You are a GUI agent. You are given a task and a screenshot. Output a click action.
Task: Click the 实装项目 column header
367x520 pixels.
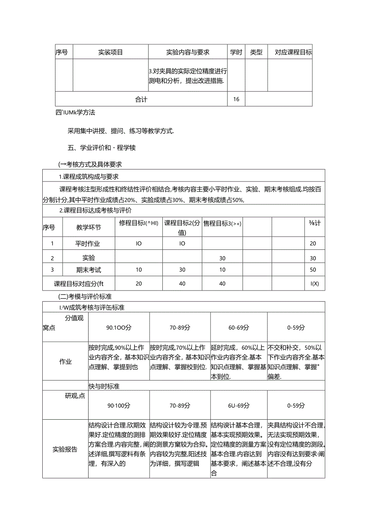coord(110,52)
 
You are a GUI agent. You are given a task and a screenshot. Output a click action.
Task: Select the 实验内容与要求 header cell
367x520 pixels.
coord(187,52)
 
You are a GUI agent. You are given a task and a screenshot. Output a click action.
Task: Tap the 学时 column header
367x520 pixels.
coord(236,52)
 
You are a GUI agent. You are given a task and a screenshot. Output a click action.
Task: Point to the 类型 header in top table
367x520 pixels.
coord(256,52)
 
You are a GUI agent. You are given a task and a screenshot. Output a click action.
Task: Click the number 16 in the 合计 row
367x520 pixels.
coord(236,99)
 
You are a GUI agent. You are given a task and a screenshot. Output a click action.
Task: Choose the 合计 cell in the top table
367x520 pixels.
coord(141,100)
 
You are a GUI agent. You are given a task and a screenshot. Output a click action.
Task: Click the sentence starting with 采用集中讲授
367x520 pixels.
coord(121,131)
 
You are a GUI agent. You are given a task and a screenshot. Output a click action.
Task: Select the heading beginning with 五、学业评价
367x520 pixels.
coord(102,148)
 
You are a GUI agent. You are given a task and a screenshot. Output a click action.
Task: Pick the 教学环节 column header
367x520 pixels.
coord(89,227)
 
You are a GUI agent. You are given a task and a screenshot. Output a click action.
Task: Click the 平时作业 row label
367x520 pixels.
coord(88,243)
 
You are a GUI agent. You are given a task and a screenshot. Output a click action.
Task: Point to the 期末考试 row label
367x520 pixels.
coord(89,270)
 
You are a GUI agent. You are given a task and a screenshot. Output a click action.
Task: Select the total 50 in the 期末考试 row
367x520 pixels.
coord(313,270)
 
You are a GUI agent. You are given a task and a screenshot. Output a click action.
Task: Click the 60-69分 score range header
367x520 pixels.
coord(239,327)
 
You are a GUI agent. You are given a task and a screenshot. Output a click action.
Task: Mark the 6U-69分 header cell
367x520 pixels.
coord(239,405)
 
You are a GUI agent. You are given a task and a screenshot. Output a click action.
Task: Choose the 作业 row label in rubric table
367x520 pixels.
coord(65,362)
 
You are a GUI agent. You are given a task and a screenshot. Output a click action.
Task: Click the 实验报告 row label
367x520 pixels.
coord(65,449)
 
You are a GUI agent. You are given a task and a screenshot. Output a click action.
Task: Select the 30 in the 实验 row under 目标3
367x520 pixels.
coord(222,258)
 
